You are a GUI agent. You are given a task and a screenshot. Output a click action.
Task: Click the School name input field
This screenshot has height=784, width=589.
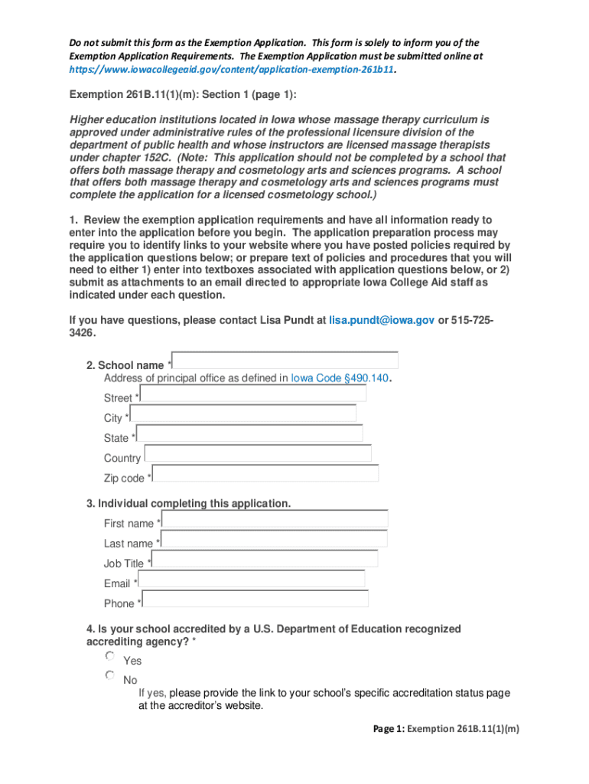click(x=285, y=361)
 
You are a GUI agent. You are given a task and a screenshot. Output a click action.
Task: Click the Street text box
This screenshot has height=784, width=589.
click(x=253, y=394)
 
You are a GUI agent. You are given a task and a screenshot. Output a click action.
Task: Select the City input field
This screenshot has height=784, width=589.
click(x=243, y=413)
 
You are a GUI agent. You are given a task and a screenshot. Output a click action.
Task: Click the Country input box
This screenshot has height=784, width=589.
click(x=258, y=453)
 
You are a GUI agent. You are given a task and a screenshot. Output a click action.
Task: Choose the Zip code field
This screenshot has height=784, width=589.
click(x=265, y=473)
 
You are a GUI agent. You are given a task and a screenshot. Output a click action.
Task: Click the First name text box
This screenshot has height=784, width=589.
click(x=275, y=519)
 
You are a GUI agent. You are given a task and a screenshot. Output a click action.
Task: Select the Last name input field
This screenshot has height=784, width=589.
click(x=274, y=539)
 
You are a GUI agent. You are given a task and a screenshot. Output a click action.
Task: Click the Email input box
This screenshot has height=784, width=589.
click(x=252, y=579)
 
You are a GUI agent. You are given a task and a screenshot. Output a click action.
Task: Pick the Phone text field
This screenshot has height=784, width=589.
click(x=255, y=599)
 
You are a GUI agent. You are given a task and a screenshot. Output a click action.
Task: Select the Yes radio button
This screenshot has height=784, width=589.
click(x=110, y=657)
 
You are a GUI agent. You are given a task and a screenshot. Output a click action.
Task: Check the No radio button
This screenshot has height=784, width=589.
click(x=110, y=676)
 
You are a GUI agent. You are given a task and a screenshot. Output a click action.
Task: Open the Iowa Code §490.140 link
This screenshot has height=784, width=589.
click(x=340, y=377)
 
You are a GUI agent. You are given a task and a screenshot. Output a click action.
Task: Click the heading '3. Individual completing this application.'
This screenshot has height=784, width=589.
click(x=188, y=503)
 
